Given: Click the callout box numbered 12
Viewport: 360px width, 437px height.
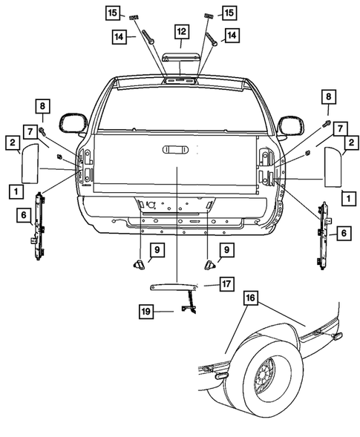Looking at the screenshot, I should (x=181, y=31).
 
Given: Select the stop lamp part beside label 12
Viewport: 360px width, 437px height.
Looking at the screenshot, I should (x=180, y=59).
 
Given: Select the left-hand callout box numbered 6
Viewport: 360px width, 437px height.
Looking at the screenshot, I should (x=24, y=214).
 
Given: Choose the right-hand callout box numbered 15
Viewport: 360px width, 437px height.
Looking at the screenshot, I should (x=229, y=13).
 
